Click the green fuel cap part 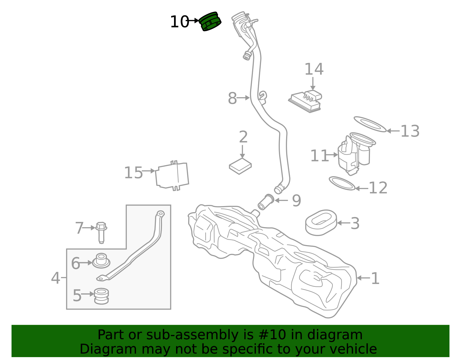[211, 22]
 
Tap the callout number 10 [179, 22]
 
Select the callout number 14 [314, 69]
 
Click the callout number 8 [232, 98]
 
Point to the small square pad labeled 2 [240, 166]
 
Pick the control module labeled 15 [172, 175]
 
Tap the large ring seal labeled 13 [370, 124]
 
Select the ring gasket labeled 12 [342, 184]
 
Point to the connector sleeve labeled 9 [266, 202]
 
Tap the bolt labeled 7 [101, 232]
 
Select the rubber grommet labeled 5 [101, 296]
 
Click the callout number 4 [55, 278]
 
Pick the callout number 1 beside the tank [375, 278]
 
